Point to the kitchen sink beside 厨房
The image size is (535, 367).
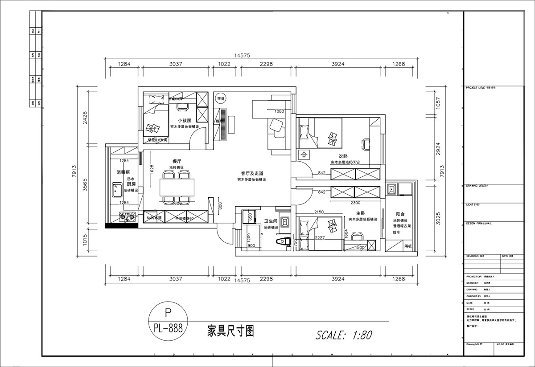click(x=117, y=191)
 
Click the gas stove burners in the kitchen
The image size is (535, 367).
click(x=127, y=217)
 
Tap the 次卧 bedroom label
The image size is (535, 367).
click(x=343, y=156)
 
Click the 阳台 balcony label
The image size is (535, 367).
click(x=399, y=214)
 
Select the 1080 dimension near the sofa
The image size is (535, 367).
click(x=280, y=111)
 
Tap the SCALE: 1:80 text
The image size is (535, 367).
click(x=344, y=335)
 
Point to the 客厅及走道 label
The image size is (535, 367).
click(x=251, y=173)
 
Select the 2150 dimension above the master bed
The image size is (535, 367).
click(x=319, y=212)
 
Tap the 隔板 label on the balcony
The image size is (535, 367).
click(x=407, y=245)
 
